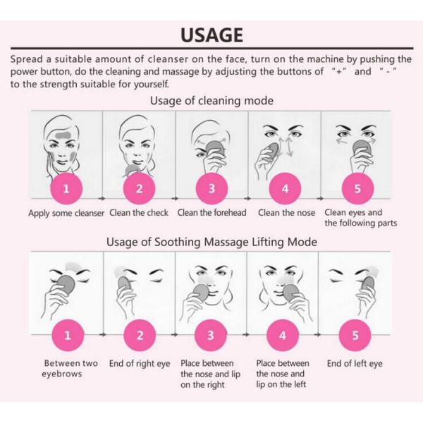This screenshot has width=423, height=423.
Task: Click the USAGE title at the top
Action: point(211,35)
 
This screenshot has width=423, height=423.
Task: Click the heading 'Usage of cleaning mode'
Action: point(211,101)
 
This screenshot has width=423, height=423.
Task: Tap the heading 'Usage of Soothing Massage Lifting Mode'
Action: point(211,242)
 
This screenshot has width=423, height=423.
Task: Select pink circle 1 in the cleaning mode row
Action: point(66,188)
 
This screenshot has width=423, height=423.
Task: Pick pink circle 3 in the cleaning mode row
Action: point(211,188)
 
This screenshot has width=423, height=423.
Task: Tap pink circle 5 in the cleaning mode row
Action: point(357,188)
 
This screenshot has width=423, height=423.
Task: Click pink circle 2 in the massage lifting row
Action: point(140,336)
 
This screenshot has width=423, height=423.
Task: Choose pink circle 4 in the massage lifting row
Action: point(283,336)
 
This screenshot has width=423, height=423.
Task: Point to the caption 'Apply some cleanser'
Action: point(66,213)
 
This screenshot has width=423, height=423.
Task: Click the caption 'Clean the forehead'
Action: point(211,213)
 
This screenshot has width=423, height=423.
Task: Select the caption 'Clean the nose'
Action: point(286,213)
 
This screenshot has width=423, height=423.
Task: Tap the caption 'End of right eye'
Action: point(140,364)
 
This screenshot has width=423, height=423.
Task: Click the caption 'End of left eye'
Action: point(355,364)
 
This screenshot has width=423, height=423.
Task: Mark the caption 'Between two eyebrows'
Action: point(70,369)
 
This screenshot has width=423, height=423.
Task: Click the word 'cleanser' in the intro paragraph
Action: point(168,59)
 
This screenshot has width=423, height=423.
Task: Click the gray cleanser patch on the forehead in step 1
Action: point(63,135)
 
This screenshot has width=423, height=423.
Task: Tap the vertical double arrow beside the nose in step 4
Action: point(290,147)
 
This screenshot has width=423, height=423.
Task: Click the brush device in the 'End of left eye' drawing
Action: point(368,286)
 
